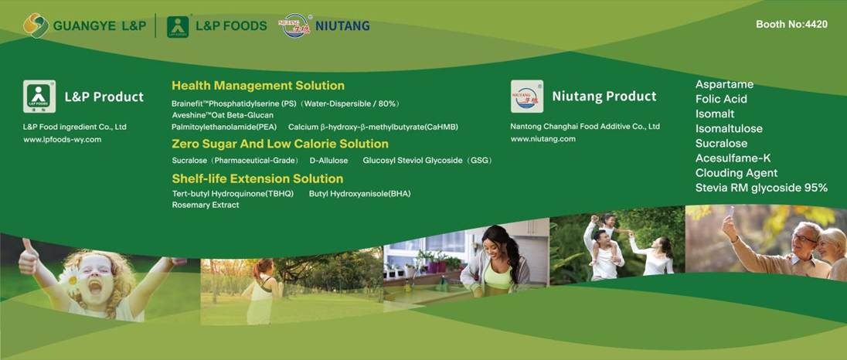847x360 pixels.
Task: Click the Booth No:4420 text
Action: click(x=791, y=24)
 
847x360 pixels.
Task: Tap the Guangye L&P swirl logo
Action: click(x=36, y=25)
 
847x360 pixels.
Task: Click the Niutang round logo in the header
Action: click(x=295, y=25)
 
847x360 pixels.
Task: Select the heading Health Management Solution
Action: click(x=257, y=85)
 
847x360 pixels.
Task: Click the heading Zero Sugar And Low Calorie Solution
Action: click(x=280, y=144)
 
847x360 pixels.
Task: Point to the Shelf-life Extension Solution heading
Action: click(x=257, y=178)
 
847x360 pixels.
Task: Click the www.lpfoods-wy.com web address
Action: click(x=62, y=139)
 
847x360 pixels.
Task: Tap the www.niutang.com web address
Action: click(x=543, y=139)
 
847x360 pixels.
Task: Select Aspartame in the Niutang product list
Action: click(x=724, y=84)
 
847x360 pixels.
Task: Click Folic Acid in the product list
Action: click(x=721, y=100)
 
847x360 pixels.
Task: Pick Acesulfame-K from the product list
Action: click(x=733, y=158)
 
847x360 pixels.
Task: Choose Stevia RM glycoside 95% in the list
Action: click(x=761, y=188)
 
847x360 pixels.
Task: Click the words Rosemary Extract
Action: click(x=206, y=205)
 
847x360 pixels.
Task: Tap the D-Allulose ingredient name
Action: click(x=328, y=160)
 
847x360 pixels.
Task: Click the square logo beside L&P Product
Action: click(x=39, y=97)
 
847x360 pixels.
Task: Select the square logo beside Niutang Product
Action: click(x=527, y=97)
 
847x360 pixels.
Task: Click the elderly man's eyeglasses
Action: click(x=804, y=238)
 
